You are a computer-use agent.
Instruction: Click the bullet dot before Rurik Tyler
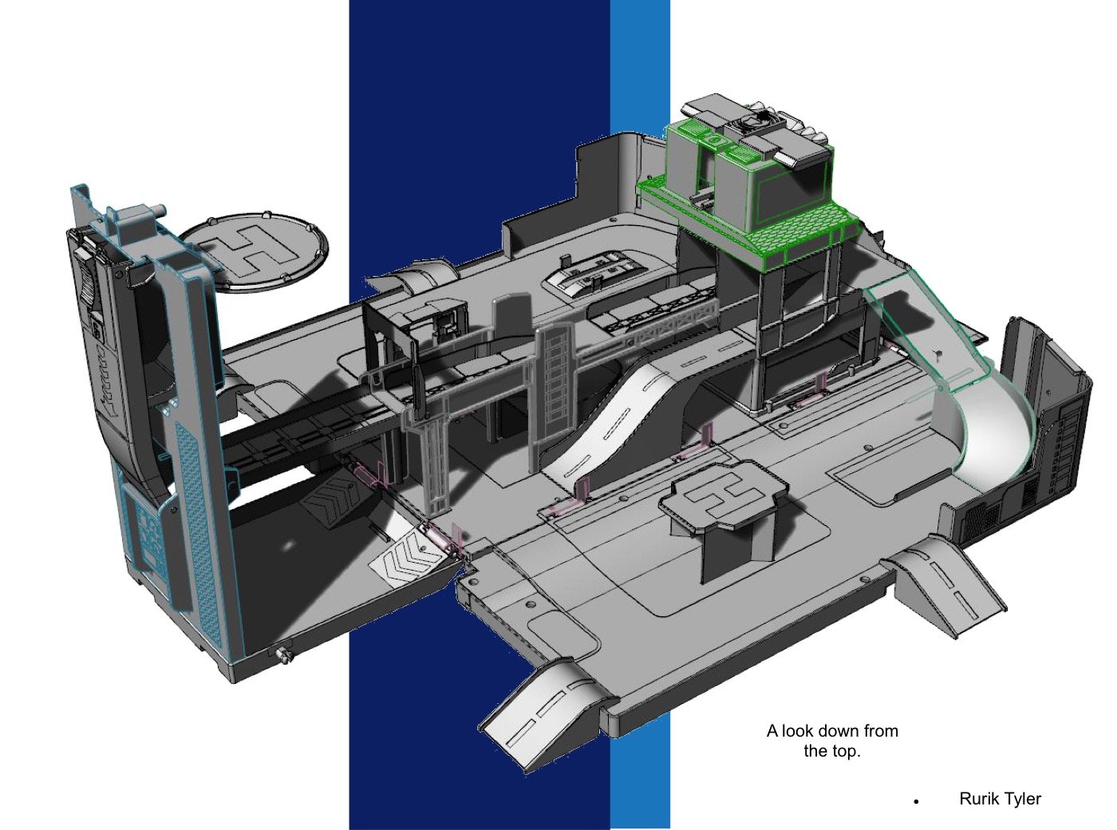click(x=916, y=801)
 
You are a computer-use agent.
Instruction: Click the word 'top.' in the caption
click(x=846, y=751)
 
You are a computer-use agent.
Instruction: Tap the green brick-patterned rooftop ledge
click(x=750, y=222)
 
